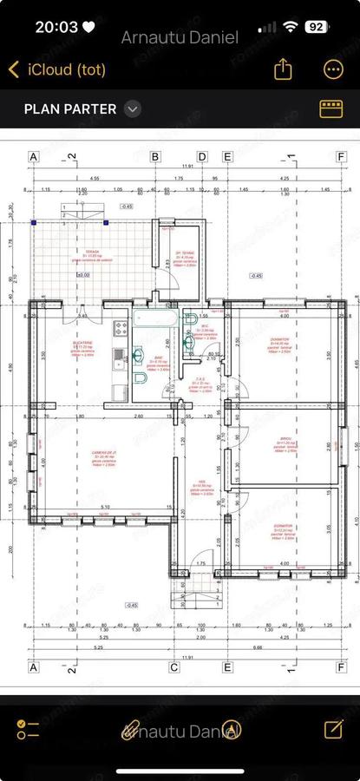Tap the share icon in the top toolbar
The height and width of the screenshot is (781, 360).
coord(283,69)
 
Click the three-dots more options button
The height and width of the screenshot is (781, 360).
coord(332,69)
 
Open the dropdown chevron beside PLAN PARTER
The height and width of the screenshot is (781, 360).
coord(132,108)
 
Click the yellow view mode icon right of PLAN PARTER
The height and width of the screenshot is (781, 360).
coord(331,108)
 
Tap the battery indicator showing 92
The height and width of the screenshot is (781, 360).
coord(317,27)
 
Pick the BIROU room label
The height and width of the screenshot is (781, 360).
coord(287,442)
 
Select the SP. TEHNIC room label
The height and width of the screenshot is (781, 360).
coord(183,254)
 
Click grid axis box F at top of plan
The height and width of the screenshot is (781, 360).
coord(341,157)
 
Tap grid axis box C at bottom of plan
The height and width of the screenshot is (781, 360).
coord(173,668)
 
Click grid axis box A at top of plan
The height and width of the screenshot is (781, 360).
coord(35,157)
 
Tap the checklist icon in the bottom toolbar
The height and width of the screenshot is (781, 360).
coord(28,730)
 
